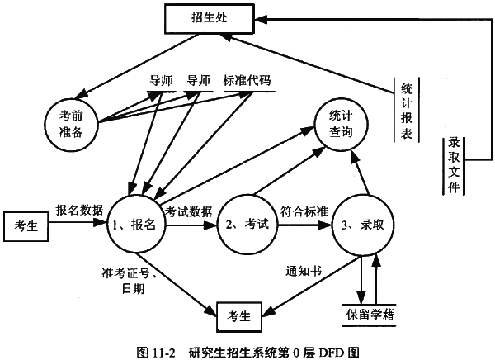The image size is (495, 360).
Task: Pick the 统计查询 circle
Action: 340,126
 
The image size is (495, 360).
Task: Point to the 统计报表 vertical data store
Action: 406,111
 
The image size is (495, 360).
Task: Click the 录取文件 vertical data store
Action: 453,164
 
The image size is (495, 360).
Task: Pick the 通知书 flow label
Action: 302,270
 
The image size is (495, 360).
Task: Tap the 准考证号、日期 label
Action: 128,280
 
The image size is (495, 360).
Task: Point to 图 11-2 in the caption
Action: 156,350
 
